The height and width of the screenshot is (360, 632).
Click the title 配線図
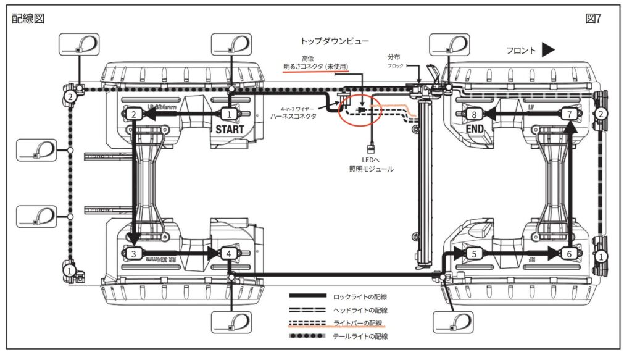pyautogui.click(x=28, y=19)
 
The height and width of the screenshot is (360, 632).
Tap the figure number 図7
pyautogui.click(x=593, y=19)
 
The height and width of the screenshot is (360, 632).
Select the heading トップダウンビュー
pyautogui.click(x=335, y=41)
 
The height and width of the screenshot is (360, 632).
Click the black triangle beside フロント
pyautogui.click(x=549, y=51)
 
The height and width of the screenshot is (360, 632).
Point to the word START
pyautogui.click(x=229, y=130)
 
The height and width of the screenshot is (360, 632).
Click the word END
pyautogui.click(x=475, y=129)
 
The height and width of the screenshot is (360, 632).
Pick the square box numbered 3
pyautogui.click(x=134, y=253)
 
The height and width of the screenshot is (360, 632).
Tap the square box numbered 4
pyautogui.click(x=229, y=253)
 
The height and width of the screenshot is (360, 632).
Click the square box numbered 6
pyautogui.click(x=569, y=253)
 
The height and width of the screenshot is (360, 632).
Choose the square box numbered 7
pyautogui.click(x=569, y=114)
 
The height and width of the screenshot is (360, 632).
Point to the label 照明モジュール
pyautogui.click(x=371, y=168)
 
